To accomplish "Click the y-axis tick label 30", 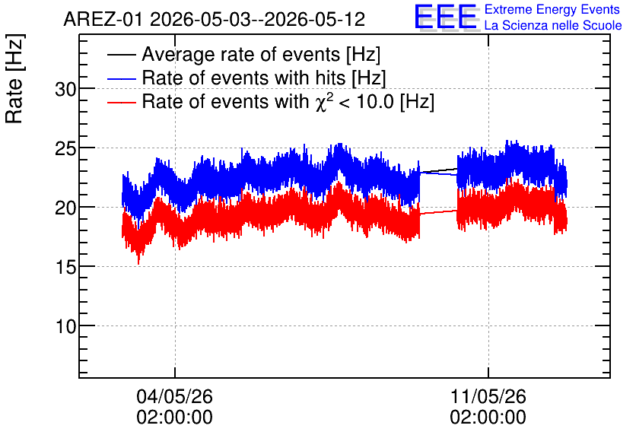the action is pos(65,89).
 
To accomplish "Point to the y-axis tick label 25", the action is pos(65,149).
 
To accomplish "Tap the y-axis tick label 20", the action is pos(65,208).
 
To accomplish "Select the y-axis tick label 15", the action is pos(65,267).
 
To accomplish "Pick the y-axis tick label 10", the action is pos(65,326).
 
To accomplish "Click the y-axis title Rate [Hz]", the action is pos(14,78).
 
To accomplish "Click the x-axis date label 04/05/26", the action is pos(174,396).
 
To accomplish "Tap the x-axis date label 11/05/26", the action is pos(488,396).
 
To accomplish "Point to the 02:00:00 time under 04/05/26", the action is pos(174,418).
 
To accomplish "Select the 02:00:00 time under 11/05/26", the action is pos(488,418).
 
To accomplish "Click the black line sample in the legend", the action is pos(121,55).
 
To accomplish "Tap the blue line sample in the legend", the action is pos(121,78).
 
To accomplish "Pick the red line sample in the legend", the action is pos(121,102).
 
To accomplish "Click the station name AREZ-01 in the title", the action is pos(103,19).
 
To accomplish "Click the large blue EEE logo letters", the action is pos(446,17).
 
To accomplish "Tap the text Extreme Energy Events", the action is pos(552,9).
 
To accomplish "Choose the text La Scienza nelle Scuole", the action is pos(553,26).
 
